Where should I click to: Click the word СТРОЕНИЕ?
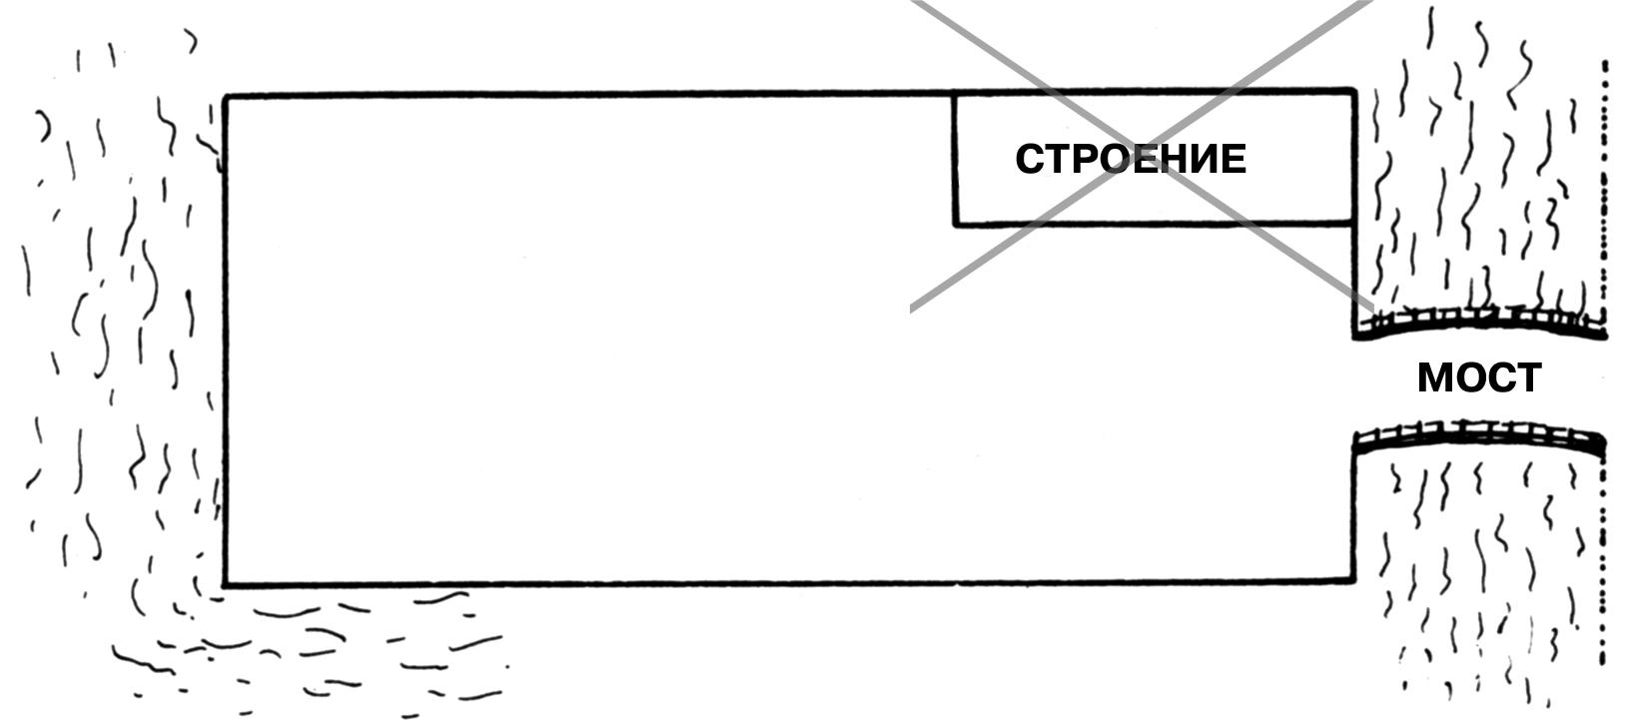(x=1130, y=160)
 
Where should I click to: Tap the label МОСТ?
(x=1478, y=378)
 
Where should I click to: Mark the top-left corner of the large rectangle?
(x=226, y=98)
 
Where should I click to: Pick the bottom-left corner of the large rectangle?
(x=226, y=582)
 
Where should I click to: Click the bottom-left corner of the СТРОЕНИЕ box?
(x=956, y=223)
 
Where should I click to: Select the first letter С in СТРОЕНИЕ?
(x=1030, y=160)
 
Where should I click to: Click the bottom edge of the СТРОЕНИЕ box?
(x=1149, y=223)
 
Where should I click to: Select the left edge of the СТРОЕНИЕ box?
(x=955, y=160)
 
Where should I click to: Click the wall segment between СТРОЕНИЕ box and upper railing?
(x=1354, y=280)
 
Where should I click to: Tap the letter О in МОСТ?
(x=1469, y=378)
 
